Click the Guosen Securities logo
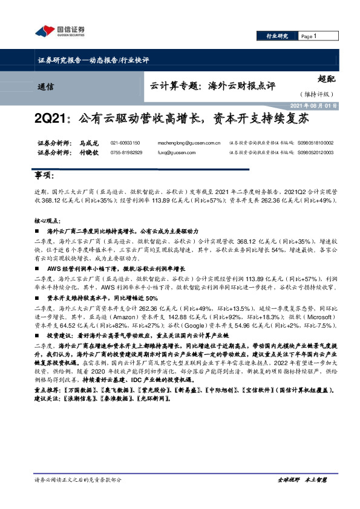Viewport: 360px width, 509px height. pyautogui.click(x=61, y=31)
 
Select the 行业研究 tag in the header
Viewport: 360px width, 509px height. pyautogui.click(x=278, y=36)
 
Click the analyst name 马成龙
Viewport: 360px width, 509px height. pyautogui.click(x=89, y=143)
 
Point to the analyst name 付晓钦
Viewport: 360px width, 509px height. pyautogui.click(x=89, y=152)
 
